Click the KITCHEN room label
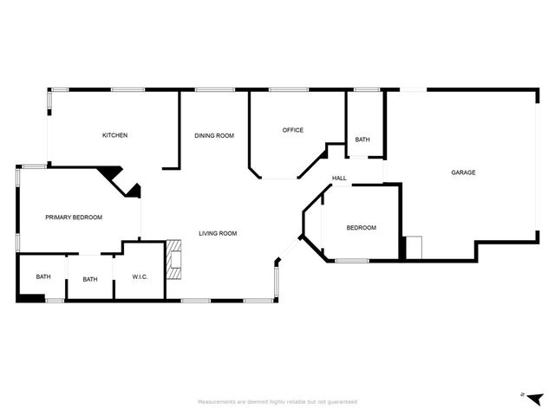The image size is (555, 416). coord(115,135)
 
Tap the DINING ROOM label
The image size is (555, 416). coord(214,135)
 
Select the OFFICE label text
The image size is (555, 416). coord(293,130)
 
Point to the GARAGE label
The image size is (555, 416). coord(463,172)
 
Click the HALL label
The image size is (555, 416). coord(339,179)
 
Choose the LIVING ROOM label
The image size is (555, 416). coord(218,233)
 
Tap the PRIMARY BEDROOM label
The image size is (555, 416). coord(74,218)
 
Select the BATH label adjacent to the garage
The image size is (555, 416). coord(362,140)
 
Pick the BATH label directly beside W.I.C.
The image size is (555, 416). coord(90,279)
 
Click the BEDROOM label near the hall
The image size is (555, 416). coord(362,228)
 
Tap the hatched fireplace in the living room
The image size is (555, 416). coord(176,259)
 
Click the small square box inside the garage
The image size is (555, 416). coord(414,248)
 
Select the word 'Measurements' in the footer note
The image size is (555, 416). coord(217,402)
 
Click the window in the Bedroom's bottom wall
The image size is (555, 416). coord(352,260)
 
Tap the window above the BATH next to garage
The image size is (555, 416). coord(367,89)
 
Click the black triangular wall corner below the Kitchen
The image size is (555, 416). coord(110,174)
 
